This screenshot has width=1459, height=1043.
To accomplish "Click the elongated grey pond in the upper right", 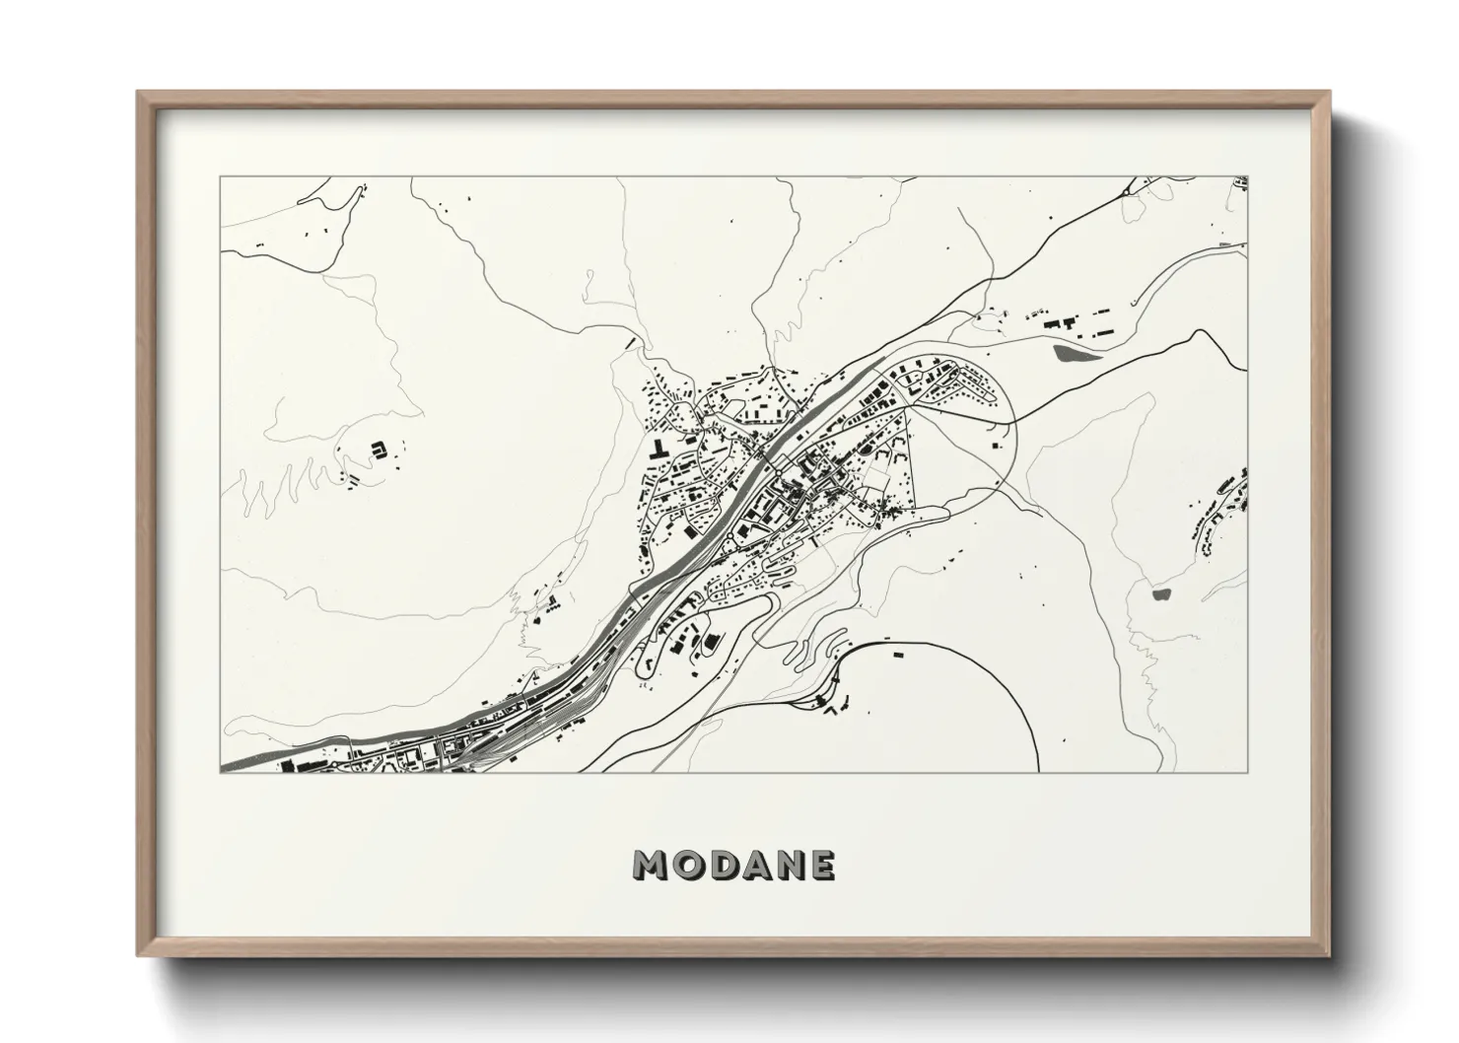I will point(1075,351).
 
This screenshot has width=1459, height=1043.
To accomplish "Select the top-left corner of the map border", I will point(220,177).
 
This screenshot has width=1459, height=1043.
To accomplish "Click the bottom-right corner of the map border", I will point(1250,772).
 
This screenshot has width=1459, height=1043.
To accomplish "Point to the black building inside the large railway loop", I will point(896,653).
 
